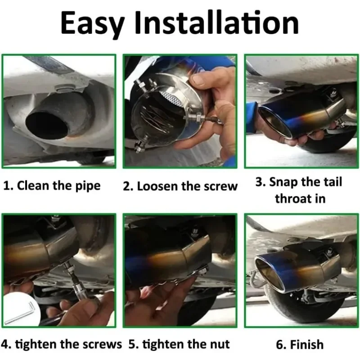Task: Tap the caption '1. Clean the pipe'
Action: tap(52, 185)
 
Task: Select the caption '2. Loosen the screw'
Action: tap(180, 186)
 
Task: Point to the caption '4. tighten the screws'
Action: tap(62, 344)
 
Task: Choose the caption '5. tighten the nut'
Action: tap(179, 344)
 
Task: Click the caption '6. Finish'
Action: tap(300, 345)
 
